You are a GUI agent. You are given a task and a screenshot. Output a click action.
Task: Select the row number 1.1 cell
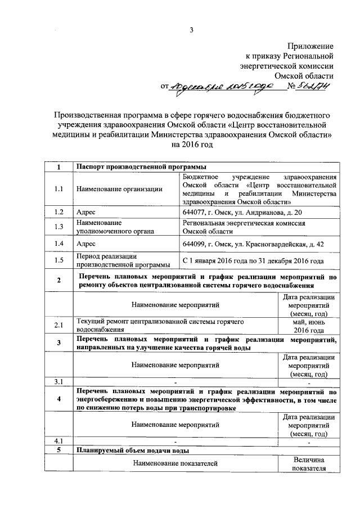coord(59,189)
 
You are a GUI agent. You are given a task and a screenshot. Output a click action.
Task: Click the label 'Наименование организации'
coord(119,189)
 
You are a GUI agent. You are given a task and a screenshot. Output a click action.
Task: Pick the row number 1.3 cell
coord(59,227)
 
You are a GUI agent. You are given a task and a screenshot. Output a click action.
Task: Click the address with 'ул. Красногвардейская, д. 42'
coord(253,244)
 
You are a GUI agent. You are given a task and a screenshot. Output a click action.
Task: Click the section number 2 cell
coord(59,281)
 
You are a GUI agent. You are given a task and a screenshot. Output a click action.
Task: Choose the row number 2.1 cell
coord(59,326)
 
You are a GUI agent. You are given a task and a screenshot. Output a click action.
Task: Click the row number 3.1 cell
coord(59,382)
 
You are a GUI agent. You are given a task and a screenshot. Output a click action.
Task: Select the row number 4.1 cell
coord(59,442)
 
